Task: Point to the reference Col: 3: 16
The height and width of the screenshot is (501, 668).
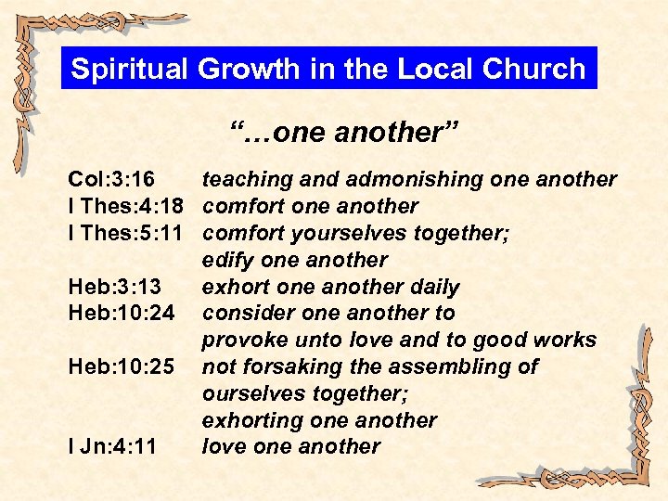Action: tap(111, 179)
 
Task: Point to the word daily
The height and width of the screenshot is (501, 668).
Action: tap(432, 287)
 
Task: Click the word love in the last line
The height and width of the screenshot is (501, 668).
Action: tap(223, 447)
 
